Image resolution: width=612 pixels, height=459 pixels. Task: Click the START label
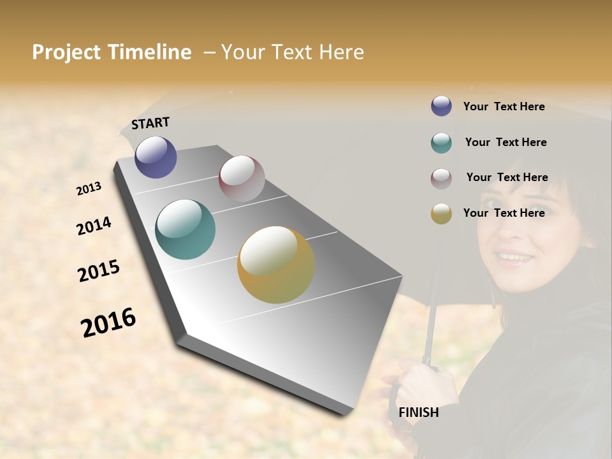tap(150, 123)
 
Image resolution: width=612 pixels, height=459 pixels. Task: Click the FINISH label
tap(418, 412)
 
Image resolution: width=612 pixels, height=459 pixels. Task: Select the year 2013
tap(89, 189)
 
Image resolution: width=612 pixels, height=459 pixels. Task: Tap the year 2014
tap(94, 226)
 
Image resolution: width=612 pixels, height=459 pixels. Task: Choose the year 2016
tap(108, 323)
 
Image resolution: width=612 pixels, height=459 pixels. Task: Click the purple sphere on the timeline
tap(156, 157)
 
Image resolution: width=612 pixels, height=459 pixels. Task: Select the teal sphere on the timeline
tap(185, 229)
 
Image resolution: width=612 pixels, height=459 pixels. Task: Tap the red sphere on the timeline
tap(242, 178)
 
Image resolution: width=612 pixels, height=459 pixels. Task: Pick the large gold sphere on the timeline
tap(276, 265)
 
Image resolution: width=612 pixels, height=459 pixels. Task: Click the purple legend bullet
tap(441, 106)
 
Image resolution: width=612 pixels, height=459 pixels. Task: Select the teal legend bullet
tap(441, 143)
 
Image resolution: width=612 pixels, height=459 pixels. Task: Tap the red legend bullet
tap(441, 178)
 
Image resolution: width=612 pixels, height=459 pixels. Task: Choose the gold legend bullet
tap(441, 214)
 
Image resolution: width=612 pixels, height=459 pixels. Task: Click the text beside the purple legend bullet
tap(504, 106)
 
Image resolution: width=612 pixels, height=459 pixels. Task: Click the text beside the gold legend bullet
tap(504, 213)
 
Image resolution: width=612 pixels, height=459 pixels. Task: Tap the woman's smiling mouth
tap(515, 258)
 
